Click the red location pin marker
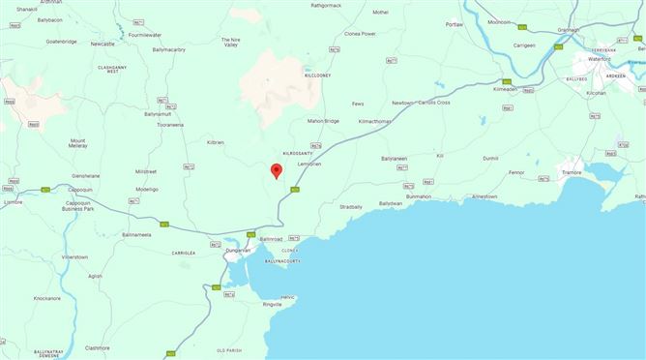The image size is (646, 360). coord(276,171)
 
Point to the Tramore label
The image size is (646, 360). coord(599,173)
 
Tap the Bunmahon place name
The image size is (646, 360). coord(418,196)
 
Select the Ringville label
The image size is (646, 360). coord(279,304)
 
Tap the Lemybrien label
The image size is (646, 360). coord(308,165)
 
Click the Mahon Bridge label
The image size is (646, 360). coord(323,121)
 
